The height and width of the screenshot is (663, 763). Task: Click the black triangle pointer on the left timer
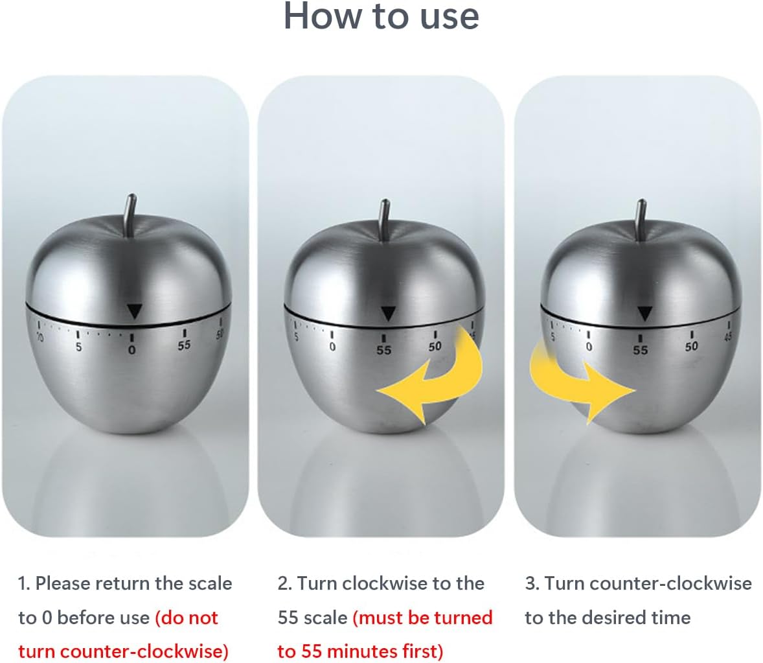134,311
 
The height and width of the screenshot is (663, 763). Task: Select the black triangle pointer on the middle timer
388,314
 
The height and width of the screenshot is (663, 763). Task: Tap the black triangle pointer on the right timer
644,314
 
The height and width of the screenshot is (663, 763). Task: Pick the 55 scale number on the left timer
185,345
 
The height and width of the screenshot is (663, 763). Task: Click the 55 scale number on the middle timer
384,350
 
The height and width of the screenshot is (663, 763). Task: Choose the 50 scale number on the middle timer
435,347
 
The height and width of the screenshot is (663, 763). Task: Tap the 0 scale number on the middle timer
332,347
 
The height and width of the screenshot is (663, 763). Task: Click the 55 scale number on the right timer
641,350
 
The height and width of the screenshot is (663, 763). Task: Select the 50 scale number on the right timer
692,347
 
